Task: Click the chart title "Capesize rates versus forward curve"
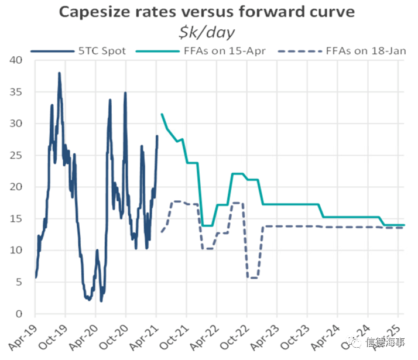[209, 12]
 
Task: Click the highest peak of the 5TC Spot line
[59, 73]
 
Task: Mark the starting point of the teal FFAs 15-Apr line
[162, 114]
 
